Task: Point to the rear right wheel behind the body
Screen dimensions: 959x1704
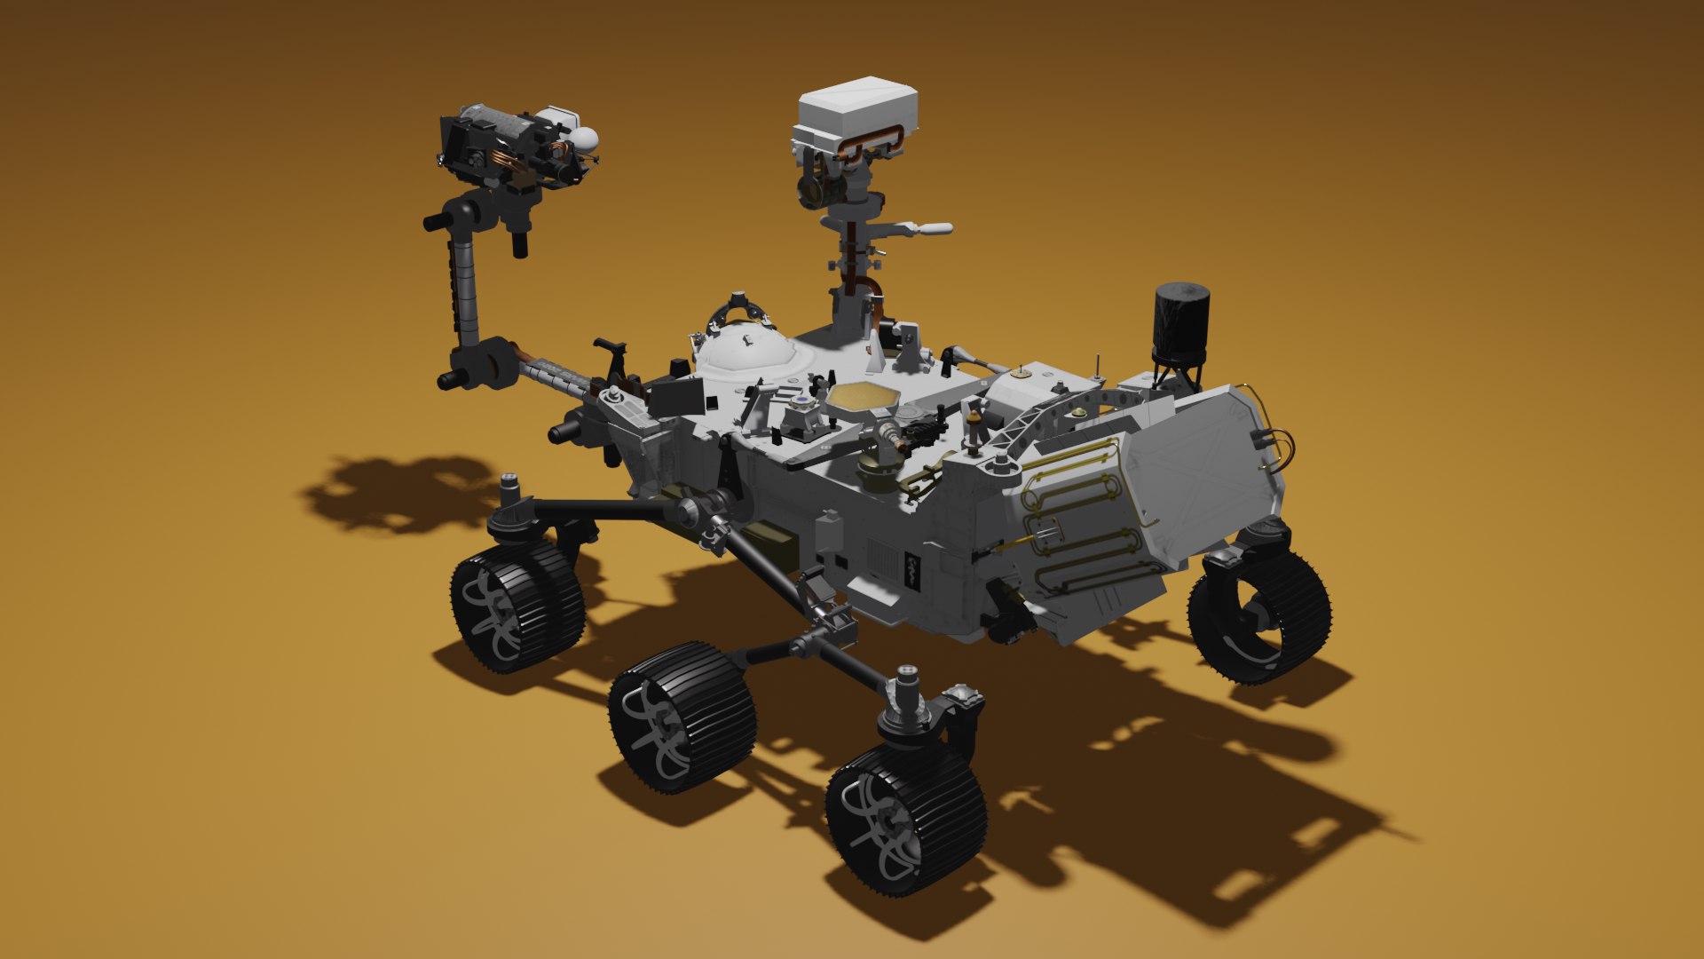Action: pyautogui.click(x=1260, y=617)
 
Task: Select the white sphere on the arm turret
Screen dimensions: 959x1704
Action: pyautogui.click(x=586, y=139)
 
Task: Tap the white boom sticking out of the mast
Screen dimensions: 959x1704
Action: pyautogui.click(x=923, y=229)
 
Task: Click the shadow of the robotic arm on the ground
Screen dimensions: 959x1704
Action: pyautogui.click(x=399, y=493)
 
